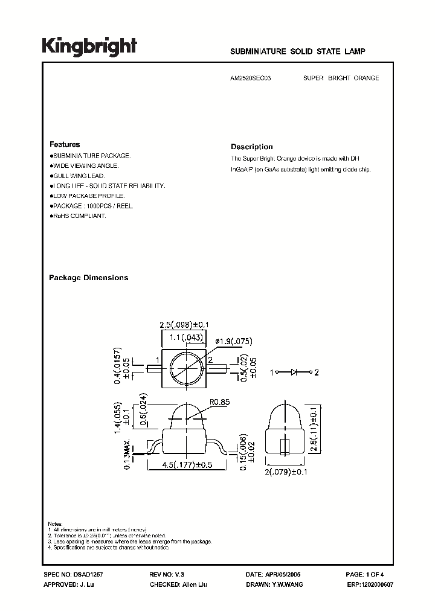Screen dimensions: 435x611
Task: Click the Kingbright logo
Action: tap(89, 46)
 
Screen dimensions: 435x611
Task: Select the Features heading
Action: tap(65, 145)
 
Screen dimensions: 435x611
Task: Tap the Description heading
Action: tap(252, 147)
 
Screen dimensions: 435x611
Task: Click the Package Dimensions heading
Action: tap(88, 278)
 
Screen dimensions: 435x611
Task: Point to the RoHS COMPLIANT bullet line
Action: tap(78, 216)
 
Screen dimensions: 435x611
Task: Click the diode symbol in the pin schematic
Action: tap(294, 373)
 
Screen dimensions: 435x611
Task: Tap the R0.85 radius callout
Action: tap(221, 401)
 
